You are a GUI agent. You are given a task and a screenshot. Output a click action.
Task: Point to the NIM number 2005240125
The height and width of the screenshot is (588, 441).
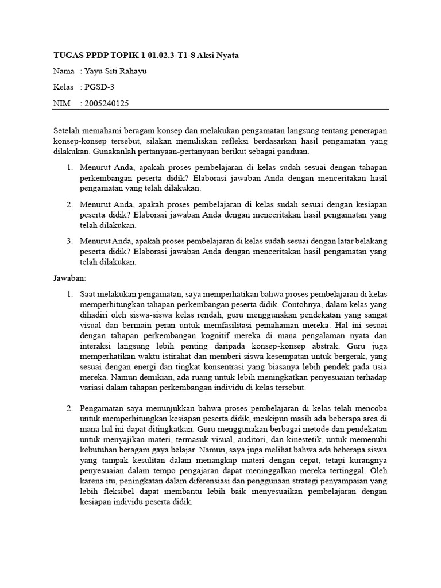[x=107, y=103]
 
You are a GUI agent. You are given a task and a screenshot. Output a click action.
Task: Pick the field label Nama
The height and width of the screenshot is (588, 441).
[x=64, y=71]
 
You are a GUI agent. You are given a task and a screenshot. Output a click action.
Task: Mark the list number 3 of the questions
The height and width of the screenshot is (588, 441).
[x=69, y=240]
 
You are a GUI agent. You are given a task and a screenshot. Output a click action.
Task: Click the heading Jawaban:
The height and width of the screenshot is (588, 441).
[x=69, y=278]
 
